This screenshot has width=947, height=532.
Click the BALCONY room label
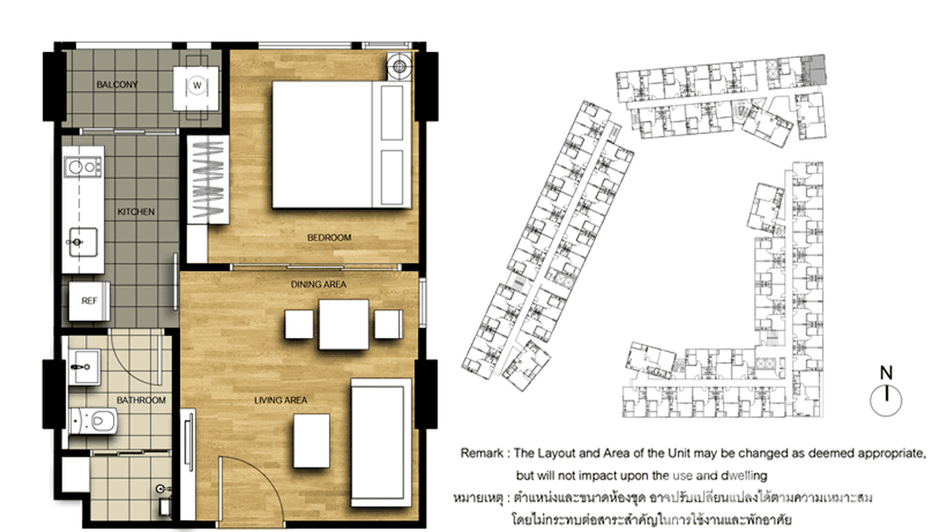tap(117, 85)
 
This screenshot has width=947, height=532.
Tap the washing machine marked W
tap(197, 86)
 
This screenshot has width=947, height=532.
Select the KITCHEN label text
tap(136, 212)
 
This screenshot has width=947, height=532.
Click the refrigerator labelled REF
tap(89, 301)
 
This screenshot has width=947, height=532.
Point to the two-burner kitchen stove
tap(83, 167)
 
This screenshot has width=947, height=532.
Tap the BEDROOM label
tap(329, 238)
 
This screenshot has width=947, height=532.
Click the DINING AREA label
tap(319, 284)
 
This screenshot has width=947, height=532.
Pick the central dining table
tap(344, 325)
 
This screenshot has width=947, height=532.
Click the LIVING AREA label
tap(281, 400)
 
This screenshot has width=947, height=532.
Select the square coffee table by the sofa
tap(311, 440)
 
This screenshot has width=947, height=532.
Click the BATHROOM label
tap(141, 400)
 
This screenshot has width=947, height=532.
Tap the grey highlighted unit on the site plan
tap(816, 68)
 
